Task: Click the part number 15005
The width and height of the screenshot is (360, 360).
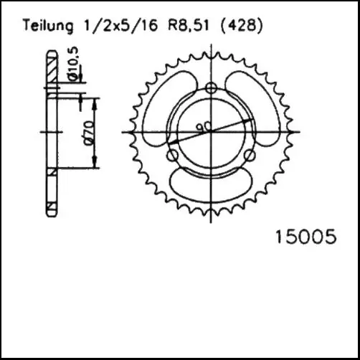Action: (x=305, y=237)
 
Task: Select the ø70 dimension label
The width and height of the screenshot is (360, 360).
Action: (x=87, y=132)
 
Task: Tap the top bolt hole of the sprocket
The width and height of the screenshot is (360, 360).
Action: (x=210, y=88)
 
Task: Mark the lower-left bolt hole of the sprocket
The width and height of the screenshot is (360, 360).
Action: (x=172, y=154)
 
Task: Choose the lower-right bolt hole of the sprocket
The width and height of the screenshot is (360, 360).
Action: (x=248, y=154)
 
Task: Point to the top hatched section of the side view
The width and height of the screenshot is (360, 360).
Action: (x=51, y=70)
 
